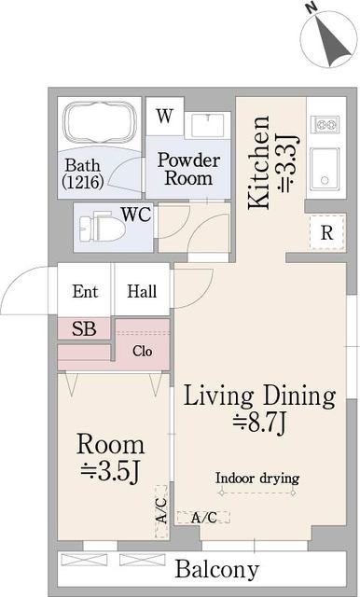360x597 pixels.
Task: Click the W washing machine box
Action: [164, 118]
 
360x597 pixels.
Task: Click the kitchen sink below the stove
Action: [325, 167]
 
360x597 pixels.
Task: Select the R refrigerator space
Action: [326, 233]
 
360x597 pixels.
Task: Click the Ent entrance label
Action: [85, 291]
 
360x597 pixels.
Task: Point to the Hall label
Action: [142, 291]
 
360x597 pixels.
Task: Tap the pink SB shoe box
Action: [84, 328]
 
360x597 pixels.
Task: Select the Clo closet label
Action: [142, 352]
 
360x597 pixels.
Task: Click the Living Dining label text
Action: [258, 396]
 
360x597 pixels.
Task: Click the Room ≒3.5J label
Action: [110, 458]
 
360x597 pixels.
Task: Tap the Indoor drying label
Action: [257, 479]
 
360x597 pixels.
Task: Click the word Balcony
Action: [216, 569]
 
